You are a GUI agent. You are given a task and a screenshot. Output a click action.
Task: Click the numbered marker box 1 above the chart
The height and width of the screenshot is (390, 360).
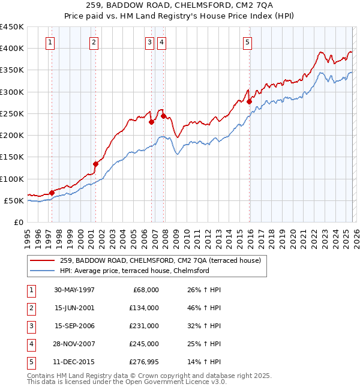(x=50, y=42)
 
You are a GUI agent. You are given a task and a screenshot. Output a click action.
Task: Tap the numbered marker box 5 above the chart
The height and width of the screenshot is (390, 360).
(x=248, y=42)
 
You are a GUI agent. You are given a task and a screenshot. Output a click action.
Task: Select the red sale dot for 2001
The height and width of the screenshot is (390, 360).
(x=95, y=164)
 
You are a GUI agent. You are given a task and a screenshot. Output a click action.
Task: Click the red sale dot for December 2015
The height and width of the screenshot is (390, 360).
(x=249, y=102)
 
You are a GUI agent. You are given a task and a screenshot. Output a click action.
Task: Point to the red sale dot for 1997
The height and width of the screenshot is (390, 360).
(x=52, y=193)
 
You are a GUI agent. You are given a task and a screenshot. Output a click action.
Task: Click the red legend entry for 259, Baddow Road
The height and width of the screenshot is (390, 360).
(x=160, y=261)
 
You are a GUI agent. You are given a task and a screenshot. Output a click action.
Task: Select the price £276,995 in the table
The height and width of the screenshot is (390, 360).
(x=143, y=362)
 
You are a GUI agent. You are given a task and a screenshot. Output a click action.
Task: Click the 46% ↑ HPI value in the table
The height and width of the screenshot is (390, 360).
(x=204, y=308)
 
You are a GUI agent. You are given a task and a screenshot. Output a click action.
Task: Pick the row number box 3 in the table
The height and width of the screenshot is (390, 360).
(x=31, y=326)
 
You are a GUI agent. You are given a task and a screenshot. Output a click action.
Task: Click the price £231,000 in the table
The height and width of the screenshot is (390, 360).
(x=143, y=326)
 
